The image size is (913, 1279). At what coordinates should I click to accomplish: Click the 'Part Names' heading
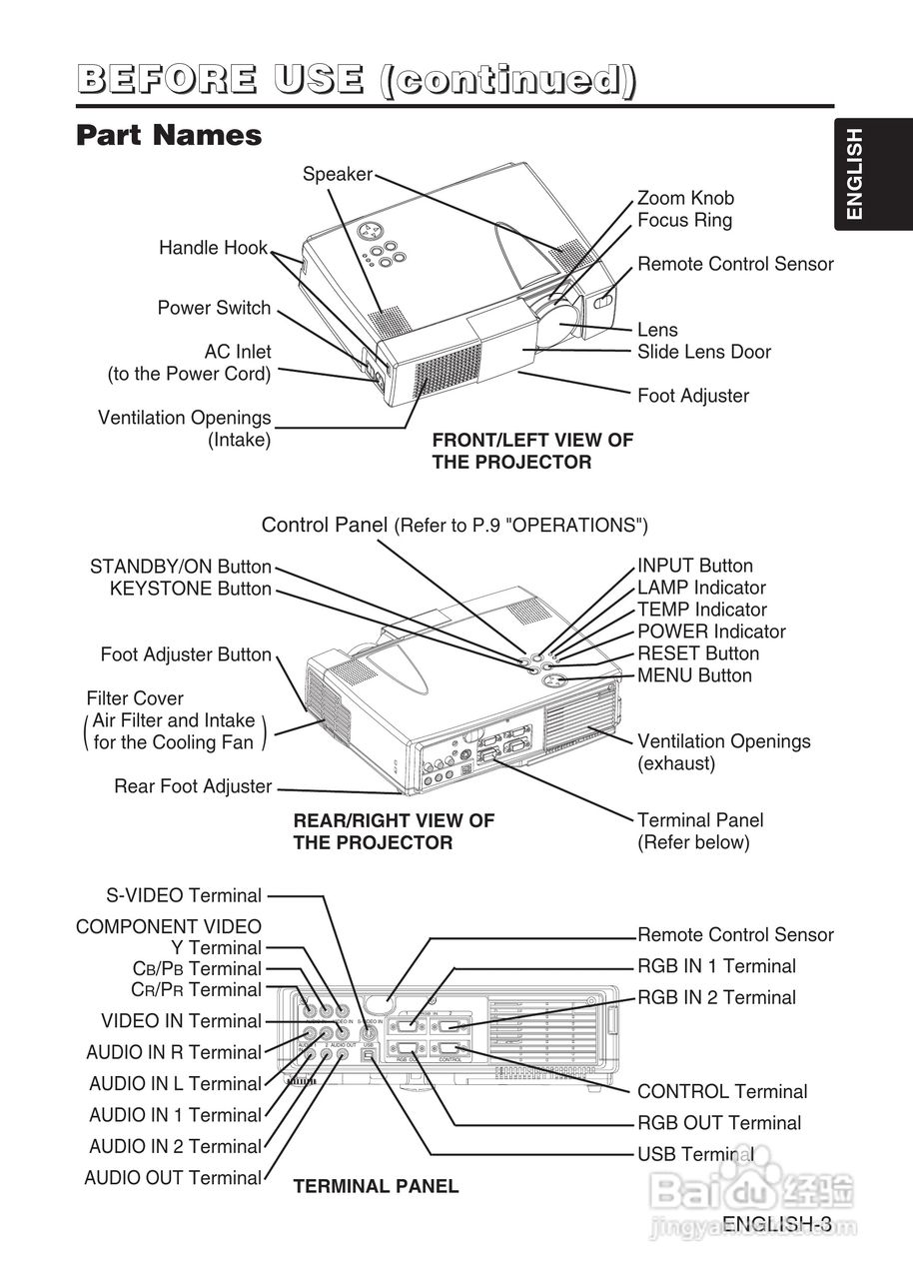169,135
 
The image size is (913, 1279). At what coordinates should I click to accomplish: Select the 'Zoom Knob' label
684,198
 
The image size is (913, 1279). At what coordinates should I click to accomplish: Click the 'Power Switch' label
214,308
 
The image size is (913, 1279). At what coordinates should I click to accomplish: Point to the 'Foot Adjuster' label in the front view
692,396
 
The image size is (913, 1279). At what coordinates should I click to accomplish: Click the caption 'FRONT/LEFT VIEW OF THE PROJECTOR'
532,451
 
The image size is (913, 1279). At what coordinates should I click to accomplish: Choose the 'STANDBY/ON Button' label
181,567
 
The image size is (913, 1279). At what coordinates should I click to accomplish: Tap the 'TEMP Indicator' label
702,610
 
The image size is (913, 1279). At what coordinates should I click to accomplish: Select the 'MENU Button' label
694,675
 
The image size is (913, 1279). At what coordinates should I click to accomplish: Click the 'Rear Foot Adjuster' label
193,786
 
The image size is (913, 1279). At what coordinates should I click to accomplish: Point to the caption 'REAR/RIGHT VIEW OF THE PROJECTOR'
393,831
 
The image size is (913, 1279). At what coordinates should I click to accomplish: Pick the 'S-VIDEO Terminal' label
184,895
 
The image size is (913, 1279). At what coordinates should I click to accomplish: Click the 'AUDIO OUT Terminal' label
173,1177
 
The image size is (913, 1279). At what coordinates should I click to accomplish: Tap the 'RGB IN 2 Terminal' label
716,997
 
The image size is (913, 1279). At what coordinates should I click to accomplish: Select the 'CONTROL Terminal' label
722,1091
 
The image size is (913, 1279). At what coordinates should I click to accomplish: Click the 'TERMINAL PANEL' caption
376,1186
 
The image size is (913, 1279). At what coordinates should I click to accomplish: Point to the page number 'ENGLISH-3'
777,1224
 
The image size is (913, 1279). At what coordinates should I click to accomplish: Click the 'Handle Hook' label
213,248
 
